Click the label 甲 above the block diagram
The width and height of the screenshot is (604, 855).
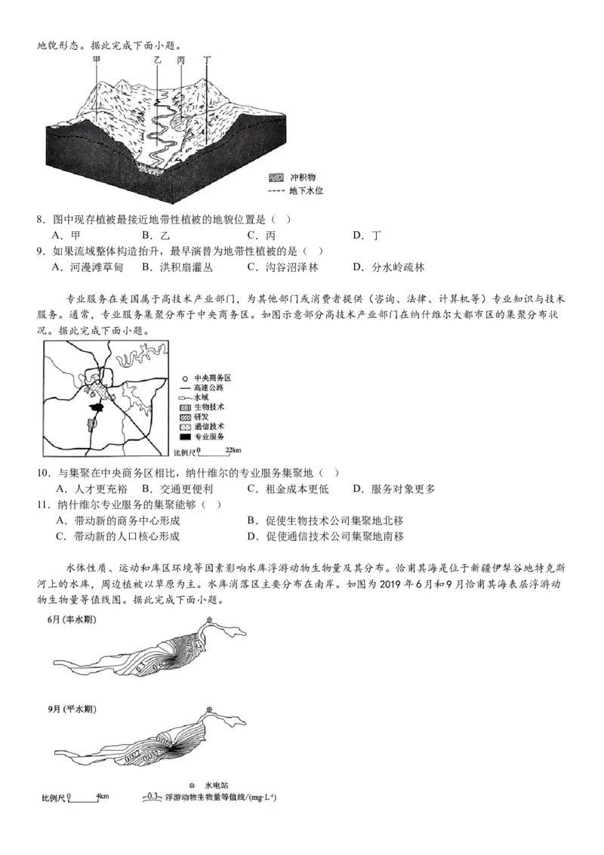96,58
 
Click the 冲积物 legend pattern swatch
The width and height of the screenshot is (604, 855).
277,177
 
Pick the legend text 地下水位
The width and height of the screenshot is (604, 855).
306,191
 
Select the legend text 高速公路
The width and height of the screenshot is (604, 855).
209,387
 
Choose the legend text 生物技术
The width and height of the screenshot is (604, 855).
209,407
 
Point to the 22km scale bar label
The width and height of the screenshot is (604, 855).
233,451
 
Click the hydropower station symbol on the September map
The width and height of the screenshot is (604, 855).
209,709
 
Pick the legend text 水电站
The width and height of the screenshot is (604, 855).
216,785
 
